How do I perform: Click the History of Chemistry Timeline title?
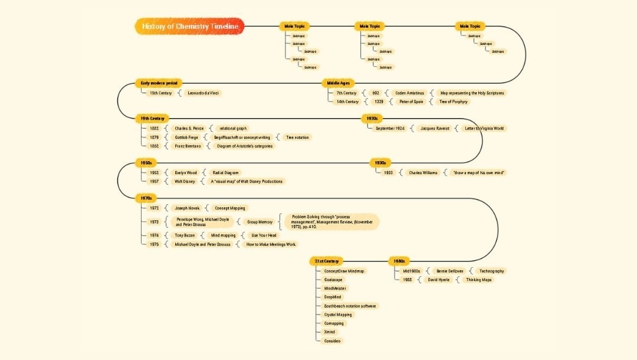click(x=189, y=27)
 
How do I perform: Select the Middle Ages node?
click(x=338, y=83)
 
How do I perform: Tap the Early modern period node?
click(x=158, y=83)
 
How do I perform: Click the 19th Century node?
click(x=152, y=119)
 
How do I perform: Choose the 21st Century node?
click(x=326, y=261)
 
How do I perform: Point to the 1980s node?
click(x=399, y=261)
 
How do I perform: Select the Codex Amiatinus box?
click(x=409, y=93)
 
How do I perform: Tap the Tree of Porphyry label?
click(x=454, y=102)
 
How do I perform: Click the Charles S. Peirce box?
click(x=189, y=128)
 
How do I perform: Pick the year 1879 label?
click(x=154, y=137)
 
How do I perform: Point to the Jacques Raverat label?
click(x=436, y=128)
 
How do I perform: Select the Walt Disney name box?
click(x=185, y=181)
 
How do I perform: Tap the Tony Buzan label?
click(x=185, y=235)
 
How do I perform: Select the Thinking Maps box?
click(x=478, y=280)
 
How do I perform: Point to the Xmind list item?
click(x=329, y=332)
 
